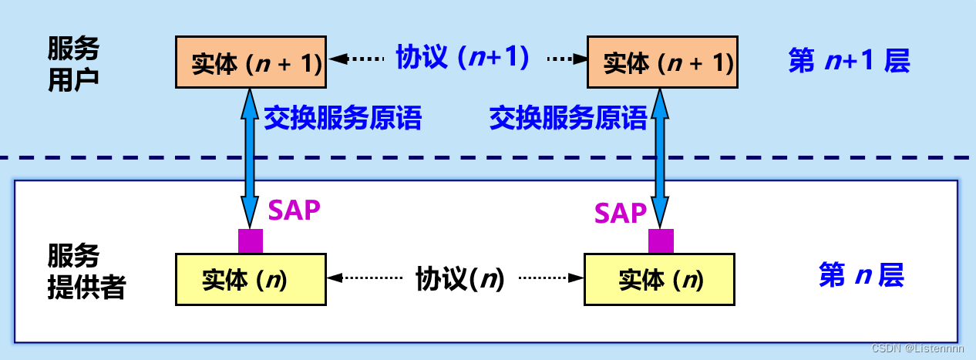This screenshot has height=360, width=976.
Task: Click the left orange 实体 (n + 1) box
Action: (x=249, y=62)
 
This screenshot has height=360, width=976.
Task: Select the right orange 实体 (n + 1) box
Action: (x=661, y=62)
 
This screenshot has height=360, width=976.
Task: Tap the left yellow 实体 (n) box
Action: (x=250, y=279)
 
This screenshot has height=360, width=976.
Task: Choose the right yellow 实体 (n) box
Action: (x=659, y=279)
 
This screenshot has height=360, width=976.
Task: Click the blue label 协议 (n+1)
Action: (x=462, y=58)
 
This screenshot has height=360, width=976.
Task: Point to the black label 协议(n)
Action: (x=459, y=278)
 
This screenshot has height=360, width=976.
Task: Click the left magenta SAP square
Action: (x=250, y=241)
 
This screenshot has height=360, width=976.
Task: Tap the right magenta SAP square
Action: (x=661, y=241)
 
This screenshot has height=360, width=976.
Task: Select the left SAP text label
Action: (x=294, y=210)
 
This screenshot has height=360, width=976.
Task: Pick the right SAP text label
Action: (x=620, y=213)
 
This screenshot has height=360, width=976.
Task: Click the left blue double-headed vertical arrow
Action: (x=250, y=154)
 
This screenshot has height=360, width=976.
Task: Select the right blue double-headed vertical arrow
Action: (x=661, y=154)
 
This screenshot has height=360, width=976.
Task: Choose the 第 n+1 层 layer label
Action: (x=849, y=61)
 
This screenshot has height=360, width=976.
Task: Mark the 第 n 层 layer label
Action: (x=860, y=274)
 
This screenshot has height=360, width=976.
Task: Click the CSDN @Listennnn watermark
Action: (x=917, y=349)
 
